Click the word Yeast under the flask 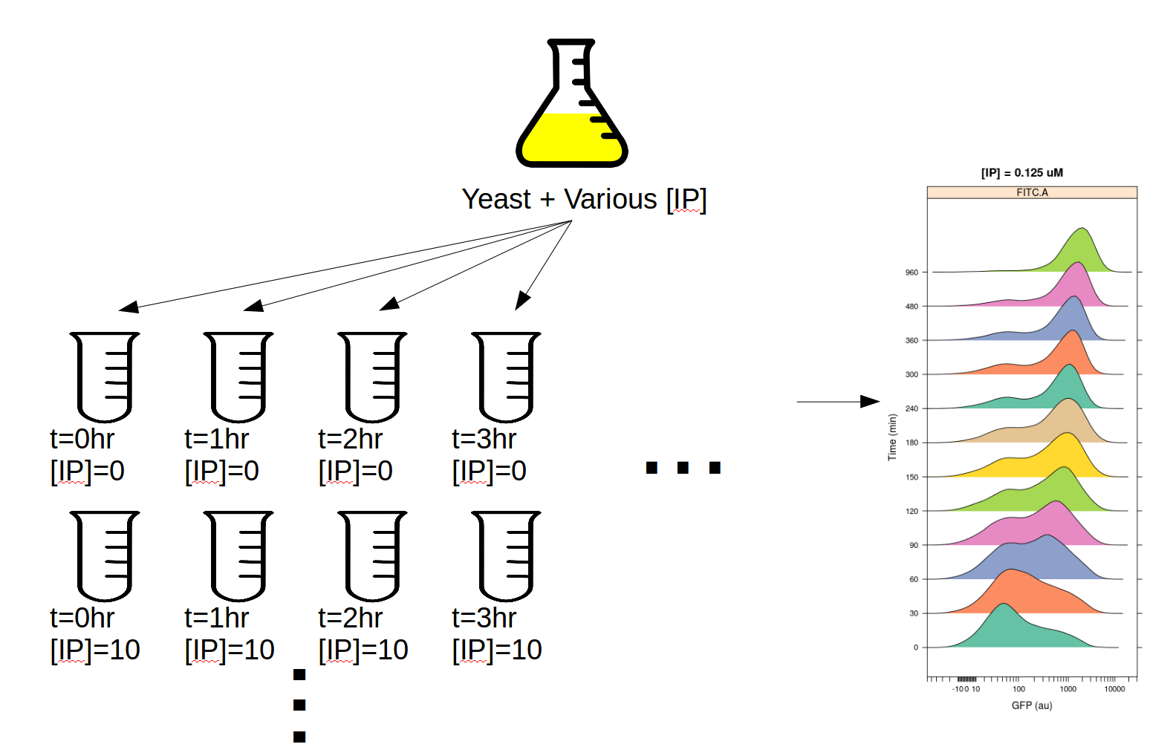496,199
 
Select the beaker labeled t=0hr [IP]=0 105,376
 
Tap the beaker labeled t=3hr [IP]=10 506,556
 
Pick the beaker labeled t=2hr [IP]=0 372,376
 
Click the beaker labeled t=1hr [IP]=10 238,556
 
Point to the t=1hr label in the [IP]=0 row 216,439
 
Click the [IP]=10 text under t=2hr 363,650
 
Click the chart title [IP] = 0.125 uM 1021,172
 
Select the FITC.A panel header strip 1032,192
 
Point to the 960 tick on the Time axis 912,273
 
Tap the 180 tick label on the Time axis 912,443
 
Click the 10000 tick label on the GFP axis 1114,689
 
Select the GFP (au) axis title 1032,705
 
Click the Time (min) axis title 892,437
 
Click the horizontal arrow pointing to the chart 838,402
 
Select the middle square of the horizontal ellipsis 683,467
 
